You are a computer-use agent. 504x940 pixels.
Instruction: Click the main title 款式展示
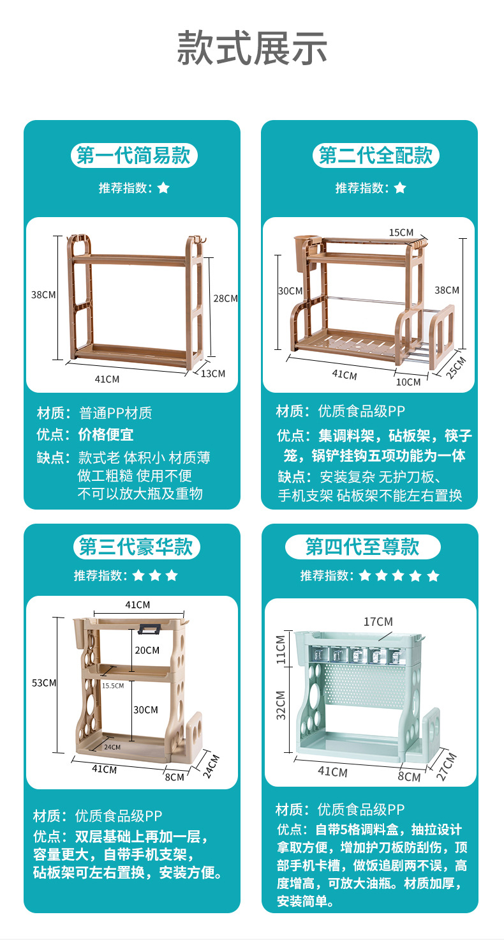coord(252,48)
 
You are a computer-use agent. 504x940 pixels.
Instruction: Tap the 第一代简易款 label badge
coord(134,156)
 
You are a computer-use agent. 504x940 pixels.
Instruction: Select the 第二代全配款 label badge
coord(376,156)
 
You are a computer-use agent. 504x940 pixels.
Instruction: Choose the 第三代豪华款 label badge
coord(136,547)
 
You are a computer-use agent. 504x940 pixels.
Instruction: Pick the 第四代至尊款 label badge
coord(362,547)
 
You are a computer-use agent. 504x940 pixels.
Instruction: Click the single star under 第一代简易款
coord(163,188)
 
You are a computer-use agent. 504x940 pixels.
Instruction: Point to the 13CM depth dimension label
coord(214,373)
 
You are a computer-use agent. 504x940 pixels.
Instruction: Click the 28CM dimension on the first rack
coord(225,298)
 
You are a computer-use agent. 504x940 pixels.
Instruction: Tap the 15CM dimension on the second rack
coord(401,232)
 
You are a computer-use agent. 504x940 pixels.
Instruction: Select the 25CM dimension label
coord(457,368)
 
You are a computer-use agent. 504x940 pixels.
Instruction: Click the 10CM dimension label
coord(408,382)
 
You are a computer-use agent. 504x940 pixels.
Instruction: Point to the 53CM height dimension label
coord(44,683)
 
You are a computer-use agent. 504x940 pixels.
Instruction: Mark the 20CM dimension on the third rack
coord(147,650)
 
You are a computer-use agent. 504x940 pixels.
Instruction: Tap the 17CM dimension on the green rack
coord(378,621)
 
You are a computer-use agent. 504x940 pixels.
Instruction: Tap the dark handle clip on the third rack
coord(149,628)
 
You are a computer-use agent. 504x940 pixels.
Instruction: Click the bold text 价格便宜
coord(106,435)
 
